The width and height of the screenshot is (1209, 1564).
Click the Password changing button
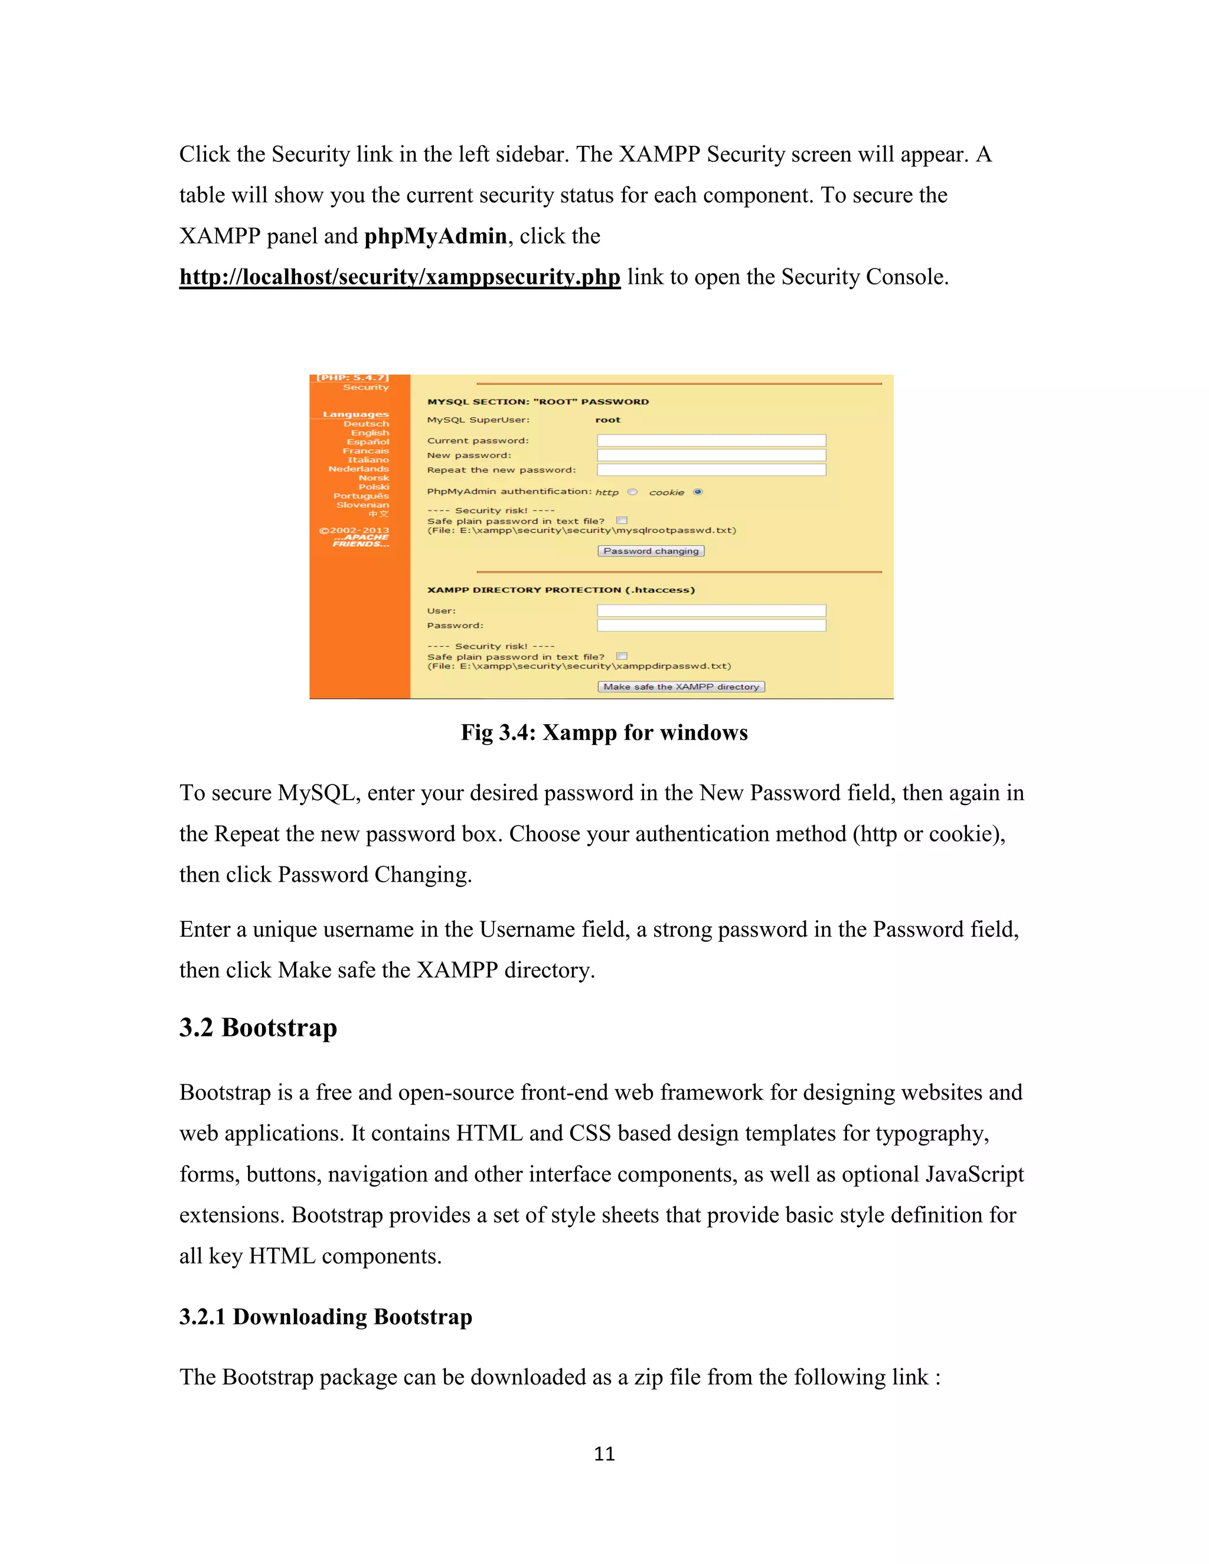point(651,551)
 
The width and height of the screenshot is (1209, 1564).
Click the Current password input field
point(711,440)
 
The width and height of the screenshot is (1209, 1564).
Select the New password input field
point(711,456)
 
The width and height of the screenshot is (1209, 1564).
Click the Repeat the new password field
point(711,470)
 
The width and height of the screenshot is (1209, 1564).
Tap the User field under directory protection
point(711,611)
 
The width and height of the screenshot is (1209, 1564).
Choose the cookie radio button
point(698,492)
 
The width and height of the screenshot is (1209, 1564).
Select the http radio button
point(632,492)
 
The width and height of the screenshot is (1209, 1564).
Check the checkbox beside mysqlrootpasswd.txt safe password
point(622,521)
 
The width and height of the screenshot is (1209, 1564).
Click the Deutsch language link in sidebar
point(366,424)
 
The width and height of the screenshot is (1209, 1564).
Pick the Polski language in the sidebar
point(373,487)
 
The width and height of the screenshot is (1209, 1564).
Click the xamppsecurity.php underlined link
point(400,277)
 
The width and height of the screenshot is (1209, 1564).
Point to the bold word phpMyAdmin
point(436,236)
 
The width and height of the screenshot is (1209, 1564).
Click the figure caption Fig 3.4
point(604,732)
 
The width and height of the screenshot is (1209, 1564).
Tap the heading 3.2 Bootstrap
point(258,1028)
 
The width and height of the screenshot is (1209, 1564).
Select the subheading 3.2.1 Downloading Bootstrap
point(325,1317)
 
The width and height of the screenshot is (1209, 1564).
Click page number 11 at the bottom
point(604,1454)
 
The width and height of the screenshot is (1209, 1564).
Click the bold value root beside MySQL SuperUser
point(607,420)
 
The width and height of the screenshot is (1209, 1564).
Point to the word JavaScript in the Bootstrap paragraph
point(974,1174)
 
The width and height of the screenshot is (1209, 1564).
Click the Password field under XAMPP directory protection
point(711,626)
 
